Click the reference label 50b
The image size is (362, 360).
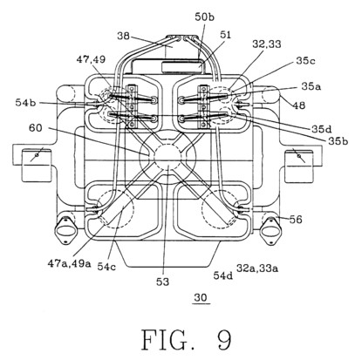click(x=204, y=17)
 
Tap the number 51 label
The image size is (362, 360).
click(x=225, y=35)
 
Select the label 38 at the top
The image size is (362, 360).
click(x=124, y=37)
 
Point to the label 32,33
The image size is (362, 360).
click(x=267, y=44)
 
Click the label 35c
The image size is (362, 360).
click(x=306, y=61)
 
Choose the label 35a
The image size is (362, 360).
click(x=311, y=86)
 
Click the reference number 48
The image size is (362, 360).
click(x=299, y=105)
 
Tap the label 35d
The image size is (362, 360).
click(x=322, y=129)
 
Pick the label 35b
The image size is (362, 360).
click(x=338, y=141)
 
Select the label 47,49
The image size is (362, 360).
click(x=91, y=59)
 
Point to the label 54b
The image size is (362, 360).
click(x=25, y=102)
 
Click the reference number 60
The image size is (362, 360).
click(x=36, y=127)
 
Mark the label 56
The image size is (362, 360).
click(x=296, y=220)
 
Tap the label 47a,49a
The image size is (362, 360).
click(x=70, y=263)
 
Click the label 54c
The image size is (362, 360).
click(x=106, y=267)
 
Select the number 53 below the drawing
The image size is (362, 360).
click(x=162, y=282)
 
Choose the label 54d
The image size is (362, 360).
click(x=223, y=275)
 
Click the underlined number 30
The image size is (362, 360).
click(x=201, y=297)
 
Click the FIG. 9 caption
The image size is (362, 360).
click(x=187, y=339)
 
